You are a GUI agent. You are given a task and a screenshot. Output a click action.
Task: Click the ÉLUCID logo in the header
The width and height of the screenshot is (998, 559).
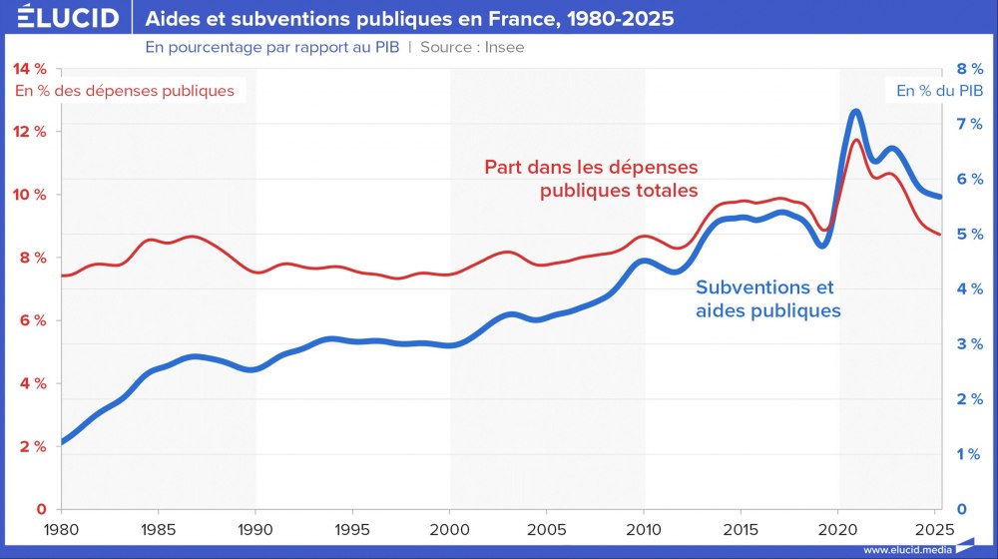(x=61, y=19)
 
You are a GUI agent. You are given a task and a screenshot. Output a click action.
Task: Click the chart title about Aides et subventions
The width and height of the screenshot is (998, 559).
(x=409, y=19)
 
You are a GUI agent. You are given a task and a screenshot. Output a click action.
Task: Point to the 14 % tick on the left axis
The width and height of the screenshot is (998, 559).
(x=29, y=69)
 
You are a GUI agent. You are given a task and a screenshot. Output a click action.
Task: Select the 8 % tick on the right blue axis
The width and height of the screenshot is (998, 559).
(x=970, y=69)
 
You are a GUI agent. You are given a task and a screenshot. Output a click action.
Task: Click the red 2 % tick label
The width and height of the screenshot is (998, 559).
(x=29, y=446)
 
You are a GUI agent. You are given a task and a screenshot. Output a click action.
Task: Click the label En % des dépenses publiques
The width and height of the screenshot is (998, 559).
(x=125, y=91)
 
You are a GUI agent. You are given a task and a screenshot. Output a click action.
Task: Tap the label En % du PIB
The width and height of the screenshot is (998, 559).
(x=933, y=91)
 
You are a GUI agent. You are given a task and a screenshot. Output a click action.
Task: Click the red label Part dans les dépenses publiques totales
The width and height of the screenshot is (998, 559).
(x=591, y=178)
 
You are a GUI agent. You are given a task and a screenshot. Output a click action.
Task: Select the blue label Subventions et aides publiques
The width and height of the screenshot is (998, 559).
(x=766, y=298)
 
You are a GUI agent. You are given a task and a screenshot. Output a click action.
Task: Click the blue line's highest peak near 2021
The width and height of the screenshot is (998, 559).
(x=855, y=112)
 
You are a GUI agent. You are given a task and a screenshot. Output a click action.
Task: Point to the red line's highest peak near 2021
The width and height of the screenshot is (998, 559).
(x=856, y=140)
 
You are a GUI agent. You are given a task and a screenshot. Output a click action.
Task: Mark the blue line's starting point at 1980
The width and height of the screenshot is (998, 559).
(x=63, y=441)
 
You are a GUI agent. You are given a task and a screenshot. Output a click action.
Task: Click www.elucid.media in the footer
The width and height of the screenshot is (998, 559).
(x=905, y=549)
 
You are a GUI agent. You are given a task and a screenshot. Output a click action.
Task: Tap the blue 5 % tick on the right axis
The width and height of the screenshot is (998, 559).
(x=970, y=235)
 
